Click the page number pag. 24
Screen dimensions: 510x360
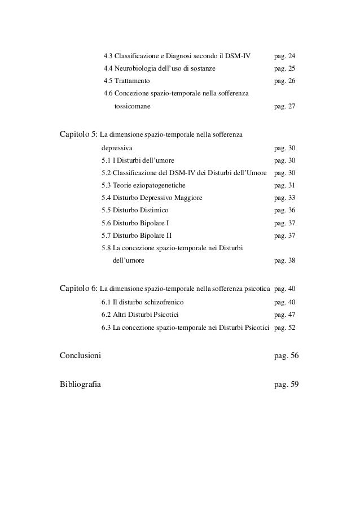(x=284, y=56)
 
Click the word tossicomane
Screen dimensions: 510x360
(x=132, y=106)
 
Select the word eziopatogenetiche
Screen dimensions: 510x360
(x=160, y=185)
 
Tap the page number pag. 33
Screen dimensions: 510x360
(x=284, y=198)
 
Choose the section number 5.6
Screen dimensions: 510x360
(x=106, y=223)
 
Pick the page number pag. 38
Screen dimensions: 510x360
(x=284, y=260)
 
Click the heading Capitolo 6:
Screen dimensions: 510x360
(x=79, y=290)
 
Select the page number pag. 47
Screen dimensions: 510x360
(x=284, y=315)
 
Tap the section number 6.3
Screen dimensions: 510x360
(x=106, y=327)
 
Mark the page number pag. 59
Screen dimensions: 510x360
(x=286, y=385)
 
